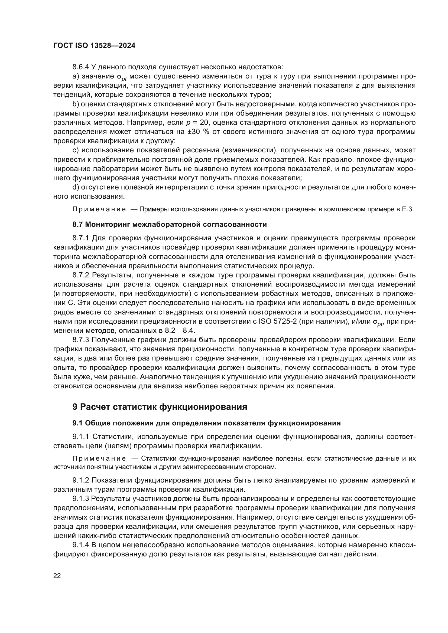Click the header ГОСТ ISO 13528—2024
94,46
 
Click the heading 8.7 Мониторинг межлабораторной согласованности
169,225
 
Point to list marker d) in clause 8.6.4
76,188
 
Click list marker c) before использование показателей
76,150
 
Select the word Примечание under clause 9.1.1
99,458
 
